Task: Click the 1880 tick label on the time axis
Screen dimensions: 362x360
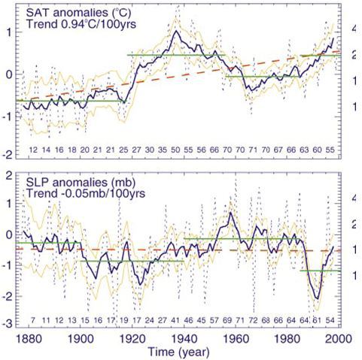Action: [x=29, y=338]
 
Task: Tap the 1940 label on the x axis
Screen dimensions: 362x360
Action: [x=184, y=338]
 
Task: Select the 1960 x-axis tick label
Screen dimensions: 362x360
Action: [x=236, y=338]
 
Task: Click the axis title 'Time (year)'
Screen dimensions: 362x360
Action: [x=178, y=352]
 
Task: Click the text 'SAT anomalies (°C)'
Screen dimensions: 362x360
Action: [x=78, y=13]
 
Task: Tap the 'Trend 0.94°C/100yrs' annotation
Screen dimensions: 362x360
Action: [x=81, y=24]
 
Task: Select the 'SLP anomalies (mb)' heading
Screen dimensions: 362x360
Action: [x=81, y=182]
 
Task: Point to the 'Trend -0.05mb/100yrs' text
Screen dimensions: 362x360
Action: [x=86, y=193]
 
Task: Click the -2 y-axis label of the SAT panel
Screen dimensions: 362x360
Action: [x=8, y=155]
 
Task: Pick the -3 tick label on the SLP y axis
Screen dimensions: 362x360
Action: [x=8, y=324]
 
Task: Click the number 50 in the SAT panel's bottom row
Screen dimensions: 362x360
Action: [x=175, y=150]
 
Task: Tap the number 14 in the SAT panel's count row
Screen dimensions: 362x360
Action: [x=46, y=150]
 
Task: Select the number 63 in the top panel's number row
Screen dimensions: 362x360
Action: [x=304, y=150]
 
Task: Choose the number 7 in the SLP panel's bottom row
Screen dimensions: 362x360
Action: [x=33, y=320]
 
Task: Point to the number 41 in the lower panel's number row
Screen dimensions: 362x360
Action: [x=175, y=320]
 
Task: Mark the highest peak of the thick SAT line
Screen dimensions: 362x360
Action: [x=176, y=31]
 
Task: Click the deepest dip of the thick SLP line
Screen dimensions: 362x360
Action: [x=318, y=298]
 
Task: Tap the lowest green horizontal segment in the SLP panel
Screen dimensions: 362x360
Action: [x=321, y=271]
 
